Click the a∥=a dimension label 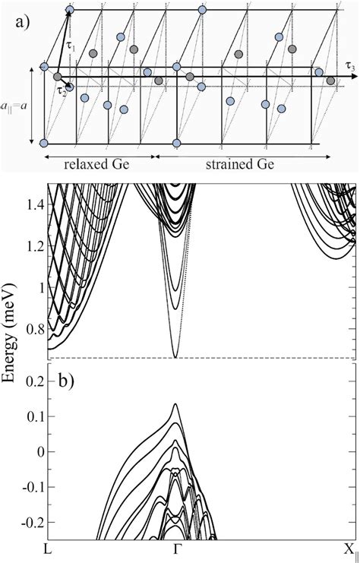[17, 105]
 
